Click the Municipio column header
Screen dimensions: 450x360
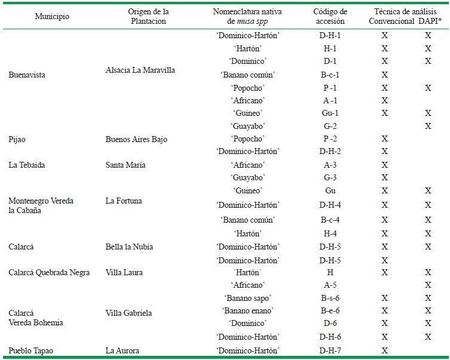52,17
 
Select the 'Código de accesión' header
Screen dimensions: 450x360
329,16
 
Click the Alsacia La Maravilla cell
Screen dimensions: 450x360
140,70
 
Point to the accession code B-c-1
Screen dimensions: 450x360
329,75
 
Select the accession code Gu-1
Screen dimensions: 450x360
329,113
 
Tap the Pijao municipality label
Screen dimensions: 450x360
19,139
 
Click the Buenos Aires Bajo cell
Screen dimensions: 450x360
136,139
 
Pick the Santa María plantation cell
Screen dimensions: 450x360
127,165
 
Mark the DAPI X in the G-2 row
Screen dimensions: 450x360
427,126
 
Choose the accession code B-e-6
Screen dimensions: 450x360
329,310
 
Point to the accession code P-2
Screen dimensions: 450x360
329,139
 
